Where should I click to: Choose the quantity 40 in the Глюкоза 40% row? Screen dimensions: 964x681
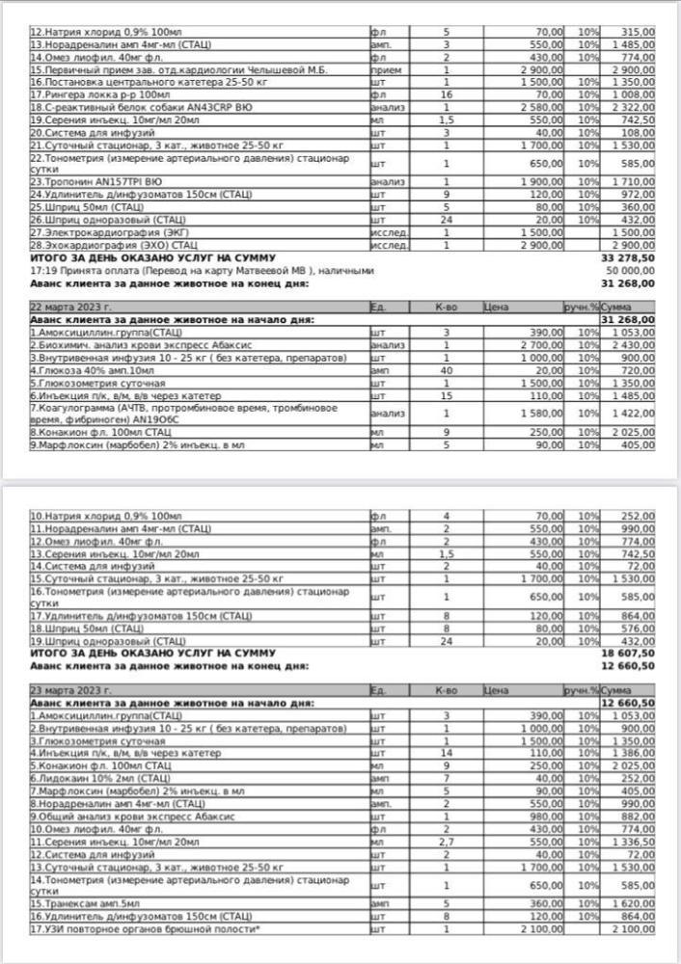pyautogui.click(x=446, y=369)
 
